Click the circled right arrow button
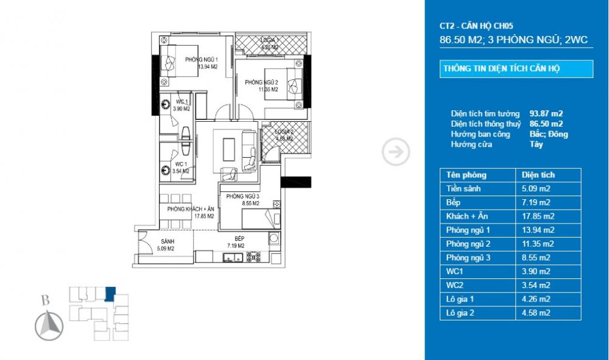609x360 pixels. [395, 152]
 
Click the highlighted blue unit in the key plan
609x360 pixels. [110, 294]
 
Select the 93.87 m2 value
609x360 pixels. [546, 114]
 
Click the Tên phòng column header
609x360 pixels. [466, 175]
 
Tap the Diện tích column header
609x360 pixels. [538, 175]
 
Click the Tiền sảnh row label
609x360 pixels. [463, 189]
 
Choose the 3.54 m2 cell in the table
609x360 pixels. [536, 285]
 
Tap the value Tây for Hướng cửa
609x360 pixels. [537, 144]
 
